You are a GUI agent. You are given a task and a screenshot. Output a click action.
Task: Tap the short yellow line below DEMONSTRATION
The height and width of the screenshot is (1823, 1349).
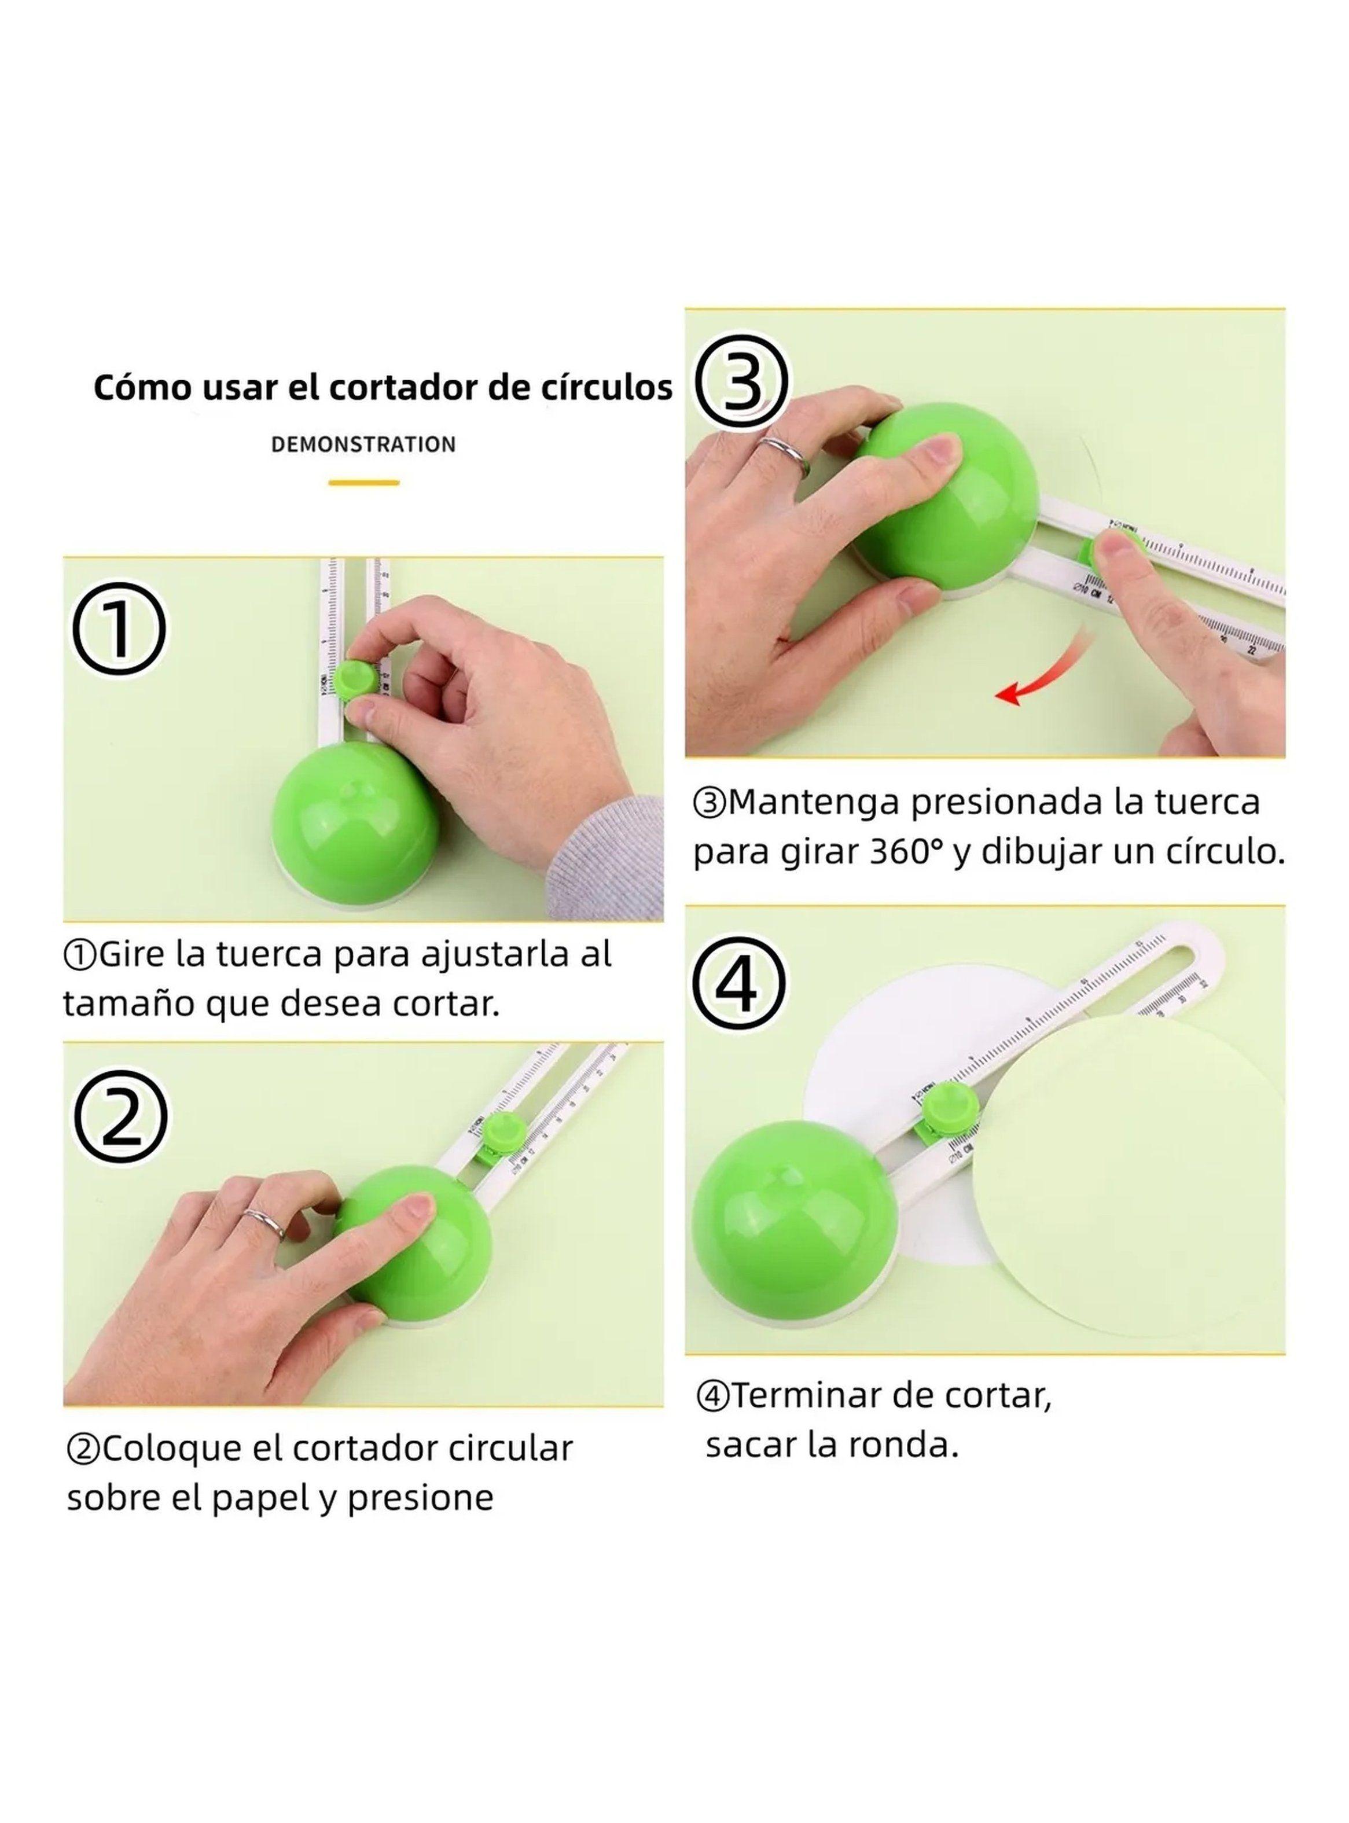pyautogui.click(x=363, y=483)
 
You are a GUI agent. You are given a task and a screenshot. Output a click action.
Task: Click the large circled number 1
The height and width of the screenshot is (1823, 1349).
pyautogui.click(x=119, y=628)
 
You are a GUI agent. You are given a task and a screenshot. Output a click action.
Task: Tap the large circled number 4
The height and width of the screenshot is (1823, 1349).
pyautogui.click(x=739, y=982)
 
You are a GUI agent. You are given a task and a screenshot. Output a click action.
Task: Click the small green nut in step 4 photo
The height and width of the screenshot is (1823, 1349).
pyautogui.click(x=950, y=1105)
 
